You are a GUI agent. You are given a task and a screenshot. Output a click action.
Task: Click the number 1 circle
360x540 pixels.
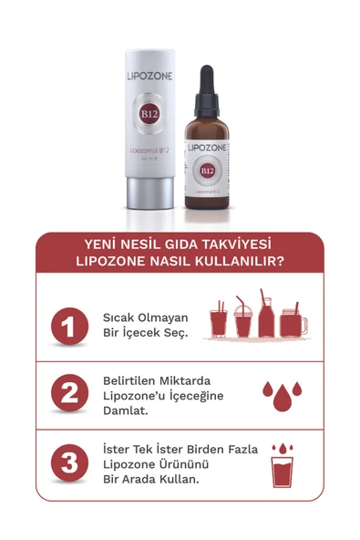point(69,326)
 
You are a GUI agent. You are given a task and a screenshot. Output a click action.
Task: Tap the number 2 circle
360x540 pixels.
point(69,394)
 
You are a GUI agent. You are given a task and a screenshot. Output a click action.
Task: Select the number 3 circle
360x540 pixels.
point(69,463)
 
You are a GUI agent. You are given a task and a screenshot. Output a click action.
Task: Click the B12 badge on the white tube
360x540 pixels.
point(147,114)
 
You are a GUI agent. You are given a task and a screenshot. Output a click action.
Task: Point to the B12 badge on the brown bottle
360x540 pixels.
point(207,170)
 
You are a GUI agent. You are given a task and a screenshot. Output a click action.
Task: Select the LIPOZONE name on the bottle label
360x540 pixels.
point(207,147)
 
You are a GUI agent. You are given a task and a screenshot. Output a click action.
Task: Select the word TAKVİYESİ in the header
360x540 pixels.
point(233,244)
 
